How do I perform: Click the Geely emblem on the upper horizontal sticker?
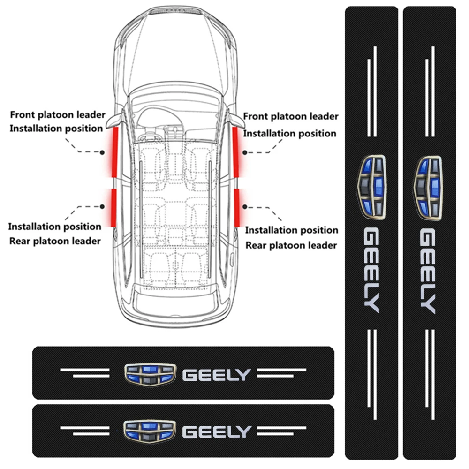(149, 375)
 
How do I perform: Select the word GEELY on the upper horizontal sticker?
(217, 375)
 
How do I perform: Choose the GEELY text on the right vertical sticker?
(428, 271)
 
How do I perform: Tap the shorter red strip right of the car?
(236, 207)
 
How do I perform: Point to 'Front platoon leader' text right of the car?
(291, 116)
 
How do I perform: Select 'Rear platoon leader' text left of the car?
(55, 241)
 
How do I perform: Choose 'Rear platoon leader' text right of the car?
(291, 245)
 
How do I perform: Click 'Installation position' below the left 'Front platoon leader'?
(57, 128)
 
